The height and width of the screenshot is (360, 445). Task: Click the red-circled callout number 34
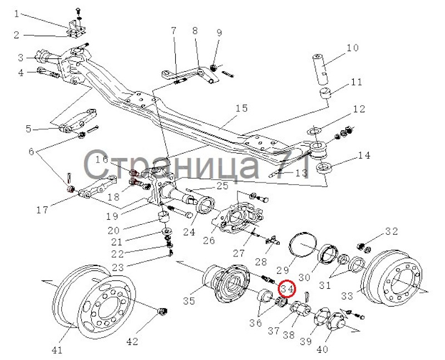coord(286,289)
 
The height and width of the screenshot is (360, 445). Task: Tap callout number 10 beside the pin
coord(352,48)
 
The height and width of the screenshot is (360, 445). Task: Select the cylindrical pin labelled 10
coord(322,70)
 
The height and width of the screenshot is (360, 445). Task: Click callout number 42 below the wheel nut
coord(132,341)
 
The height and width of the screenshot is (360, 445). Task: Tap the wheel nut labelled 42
coord(162,312)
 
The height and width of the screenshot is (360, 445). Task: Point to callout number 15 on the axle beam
coord(241,108)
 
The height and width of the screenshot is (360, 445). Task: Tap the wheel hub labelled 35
coord(226,284)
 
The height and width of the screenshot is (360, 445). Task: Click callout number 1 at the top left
coord(17,13)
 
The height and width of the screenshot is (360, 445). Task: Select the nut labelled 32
coord(364,247)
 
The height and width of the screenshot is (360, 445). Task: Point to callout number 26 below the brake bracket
coord(209,240)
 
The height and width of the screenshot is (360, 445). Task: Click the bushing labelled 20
coord(163,217)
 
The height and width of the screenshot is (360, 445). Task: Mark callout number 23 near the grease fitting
coord(118,268)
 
